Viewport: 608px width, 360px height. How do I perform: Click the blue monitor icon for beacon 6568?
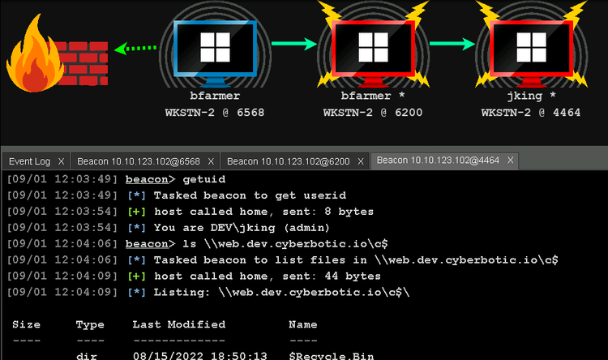click(215, 53)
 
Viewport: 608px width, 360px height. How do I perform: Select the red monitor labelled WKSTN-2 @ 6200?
click(374, 53)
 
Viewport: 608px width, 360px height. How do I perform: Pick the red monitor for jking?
click(532, 53)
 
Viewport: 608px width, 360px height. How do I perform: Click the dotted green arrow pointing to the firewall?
click(135, 48)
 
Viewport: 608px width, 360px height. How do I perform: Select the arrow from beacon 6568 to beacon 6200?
click(294, 44)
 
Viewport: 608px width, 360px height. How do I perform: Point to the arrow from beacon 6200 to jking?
click(452, 44)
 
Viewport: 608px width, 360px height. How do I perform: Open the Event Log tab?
click(29, 161)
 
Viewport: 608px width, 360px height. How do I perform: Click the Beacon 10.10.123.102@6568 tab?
click(139, 161)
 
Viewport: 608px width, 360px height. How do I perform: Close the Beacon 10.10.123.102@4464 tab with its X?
click(510, 160)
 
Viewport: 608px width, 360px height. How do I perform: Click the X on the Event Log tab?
click(61, 161)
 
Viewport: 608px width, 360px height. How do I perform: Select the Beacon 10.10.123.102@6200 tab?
click(288, 161)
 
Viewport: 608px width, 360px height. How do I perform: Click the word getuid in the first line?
click(204, 179)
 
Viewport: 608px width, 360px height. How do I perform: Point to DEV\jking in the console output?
click(242, 228)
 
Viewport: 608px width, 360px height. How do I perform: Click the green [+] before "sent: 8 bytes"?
click(136, 212)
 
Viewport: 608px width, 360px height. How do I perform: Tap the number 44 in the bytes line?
click(331, 276)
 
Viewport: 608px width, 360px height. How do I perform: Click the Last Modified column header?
click(179, 324)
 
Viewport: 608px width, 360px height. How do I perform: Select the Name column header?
click(303, 324)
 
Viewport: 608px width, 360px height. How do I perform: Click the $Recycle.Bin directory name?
click(331, 356)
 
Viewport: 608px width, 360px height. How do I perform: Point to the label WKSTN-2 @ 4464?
click(531, 113)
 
